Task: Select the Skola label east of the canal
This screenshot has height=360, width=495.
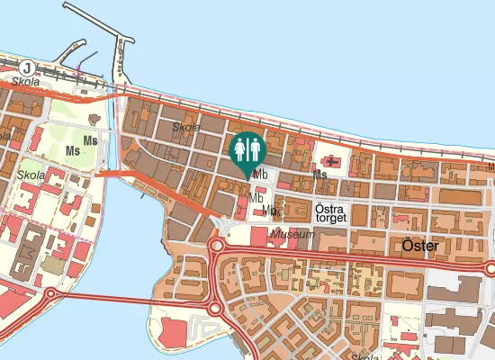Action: pyautogui.click(x=186, y=128)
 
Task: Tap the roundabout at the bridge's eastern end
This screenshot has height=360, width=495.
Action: pyautogui.click(x=214, y=308)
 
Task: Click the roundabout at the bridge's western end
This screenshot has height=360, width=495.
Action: pyautogui.click(x=49, y=293)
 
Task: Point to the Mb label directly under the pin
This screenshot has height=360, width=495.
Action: pyautogui.click(x=262, y=175)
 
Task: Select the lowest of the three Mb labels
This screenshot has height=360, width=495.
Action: pyautogui.click(x=268, y=211)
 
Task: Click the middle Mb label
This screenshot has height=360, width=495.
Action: pyautogui.click(x=256, y=198)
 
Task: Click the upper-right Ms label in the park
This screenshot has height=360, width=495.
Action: pyautogui.click(x=89, y=140)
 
